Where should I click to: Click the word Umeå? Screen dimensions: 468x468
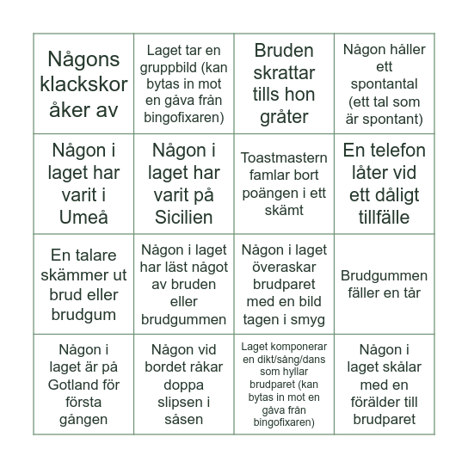(x=84, y=218)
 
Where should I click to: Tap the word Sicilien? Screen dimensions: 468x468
(x=184, y=218)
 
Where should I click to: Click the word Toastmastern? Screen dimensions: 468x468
(x=284, y=158)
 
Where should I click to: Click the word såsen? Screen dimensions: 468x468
(x=184, y=420)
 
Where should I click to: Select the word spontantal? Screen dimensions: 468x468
(x=384, y=84)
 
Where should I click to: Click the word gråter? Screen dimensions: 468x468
(x=284, y=117)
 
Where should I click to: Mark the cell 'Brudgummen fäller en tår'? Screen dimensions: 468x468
(x=384, y=284)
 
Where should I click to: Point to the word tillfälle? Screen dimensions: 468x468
(x=384, y=218)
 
